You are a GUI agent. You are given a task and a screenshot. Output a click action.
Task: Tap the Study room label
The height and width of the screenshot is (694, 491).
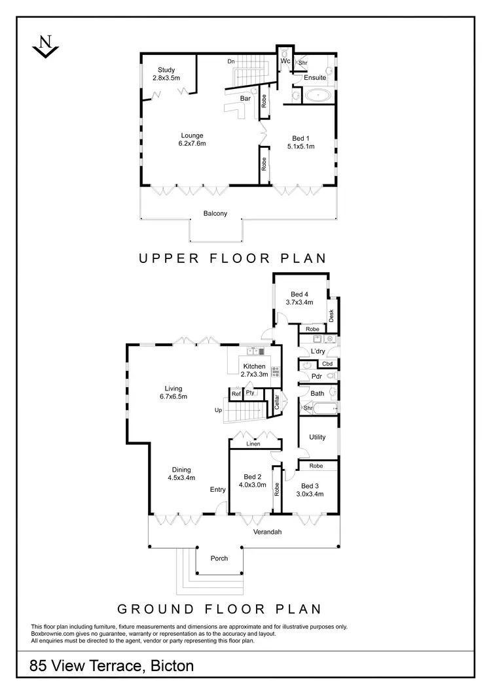point(166,71)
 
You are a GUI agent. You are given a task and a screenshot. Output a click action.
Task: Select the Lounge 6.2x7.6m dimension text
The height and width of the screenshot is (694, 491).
point(192,143)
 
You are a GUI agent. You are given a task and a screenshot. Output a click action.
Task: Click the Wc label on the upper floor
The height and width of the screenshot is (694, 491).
point(285,61)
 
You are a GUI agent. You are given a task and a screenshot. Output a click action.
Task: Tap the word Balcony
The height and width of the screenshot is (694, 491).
point(215,213)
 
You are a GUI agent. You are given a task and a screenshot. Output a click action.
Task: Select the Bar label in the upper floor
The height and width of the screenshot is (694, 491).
point(246,98)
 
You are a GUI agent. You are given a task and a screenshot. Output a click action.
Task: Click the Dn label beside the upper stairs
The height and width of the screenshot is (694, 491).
point(231,61)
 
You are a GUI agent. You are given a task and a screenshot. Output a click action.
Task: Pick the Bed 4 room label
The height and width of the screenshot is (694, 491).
point(300,293)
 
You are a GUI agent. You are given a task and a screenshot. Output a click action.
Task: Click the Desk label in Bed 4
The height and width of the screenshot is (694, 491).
point(331,316)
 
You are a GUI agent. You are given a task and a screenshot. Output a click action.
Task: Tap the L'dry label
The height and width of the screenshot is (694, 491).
point(318,351)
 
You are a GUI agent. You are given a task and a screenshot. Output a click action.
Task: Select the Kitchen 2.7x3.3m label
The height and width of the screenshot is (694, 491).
point(254,370)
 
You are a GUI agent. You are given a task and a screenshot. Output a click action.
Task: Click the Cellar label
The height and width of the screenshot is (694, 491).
point(277,402)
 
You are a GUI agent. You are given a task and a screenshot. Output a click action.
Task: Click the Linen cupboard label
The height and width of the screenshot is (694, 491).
point(253,444)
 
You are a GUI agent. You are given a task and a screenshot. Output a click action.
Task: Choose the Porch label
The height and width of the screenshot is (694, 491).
point(219,558)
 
